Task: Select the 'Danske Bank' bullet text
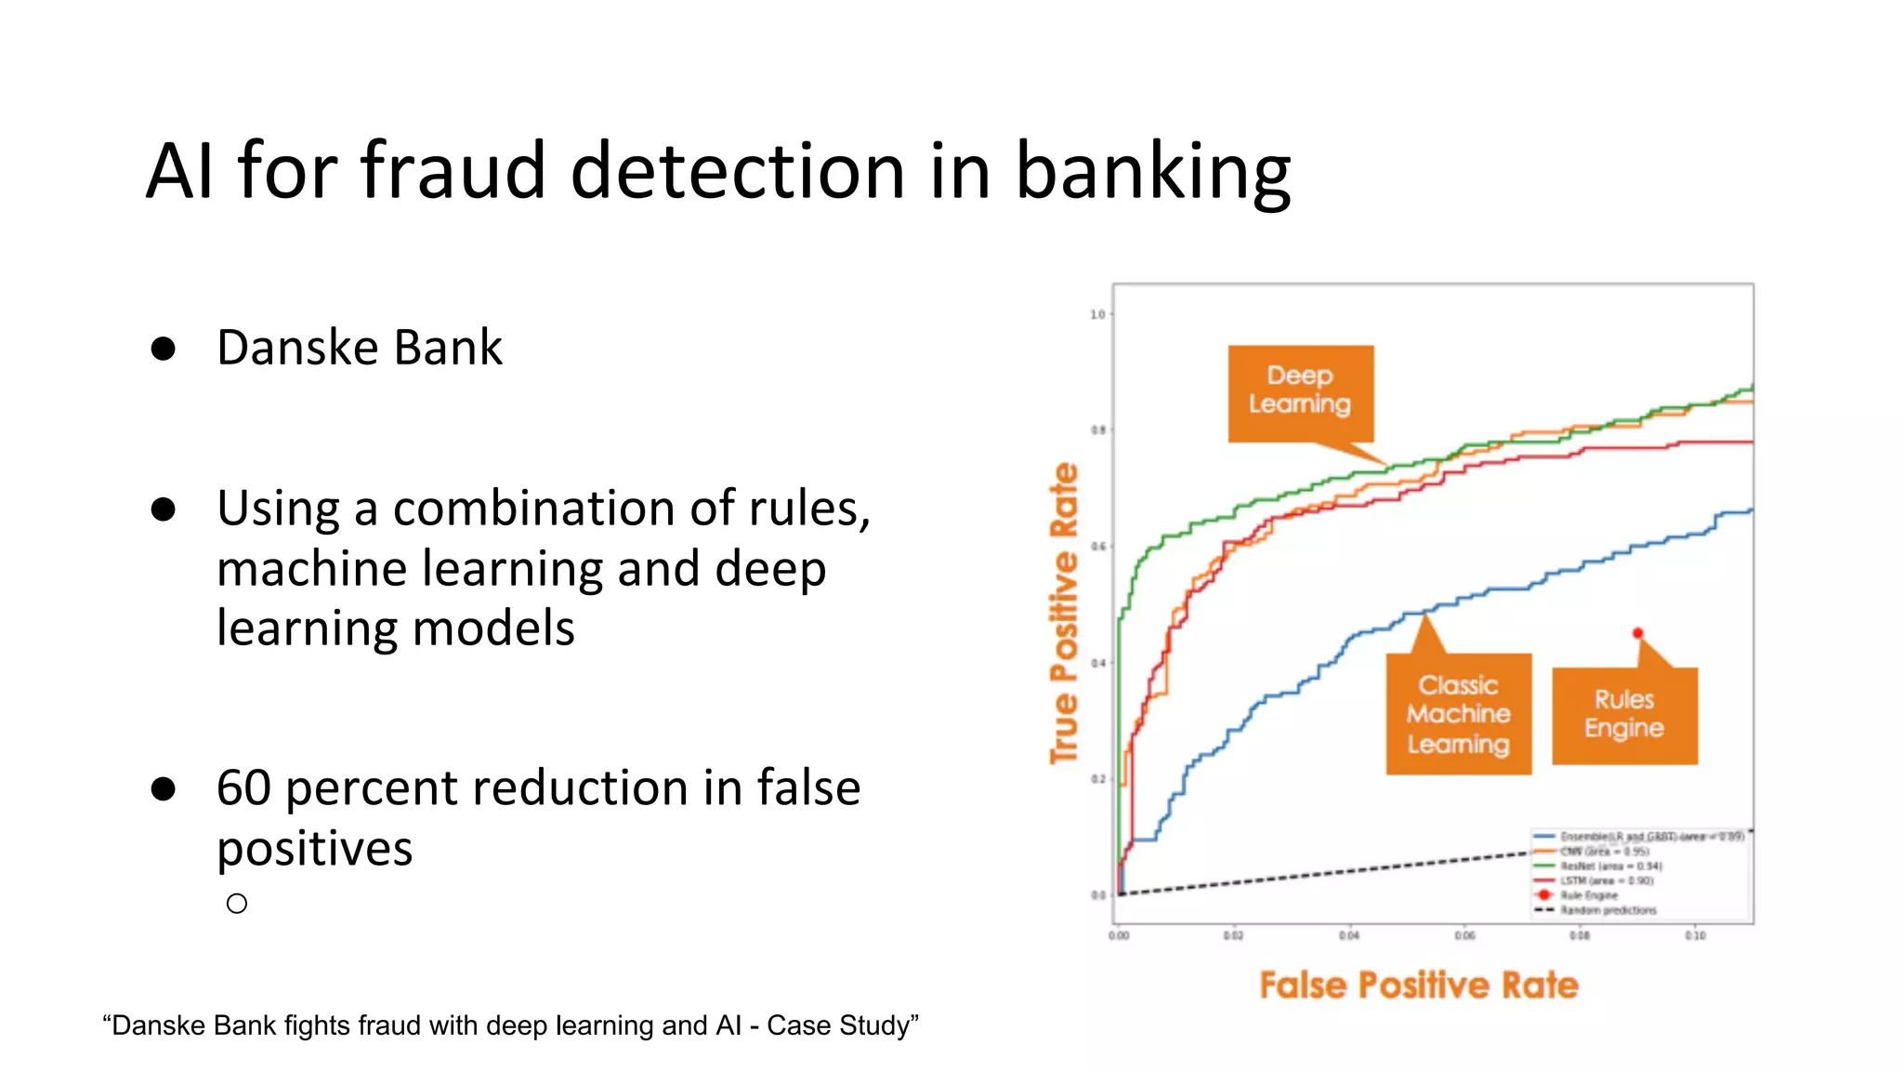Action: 359,348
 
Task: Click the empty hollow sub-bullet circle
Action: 237,904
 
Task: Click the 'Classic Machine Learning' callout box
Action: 1458,714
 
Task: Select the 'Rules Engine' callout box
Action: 1624,714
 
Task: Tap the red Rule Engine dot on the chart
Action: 1637,633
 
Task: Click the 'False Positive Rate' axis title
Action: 1418,985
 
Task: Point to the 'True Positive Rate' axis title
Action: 1064,614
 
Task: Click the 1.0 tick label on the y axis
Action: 1097,314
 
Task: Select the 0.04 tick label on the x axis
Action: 1348,935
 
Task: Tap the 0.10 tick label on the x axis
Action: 1695,935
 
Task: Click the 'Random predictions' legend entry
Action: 1608,910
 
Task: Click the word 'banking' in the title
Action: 1152,171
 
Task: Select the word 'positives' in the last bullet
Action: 314,848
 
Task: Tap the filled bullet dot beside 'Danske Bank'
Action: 164,349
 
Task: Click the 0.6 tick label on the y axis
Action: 1097,547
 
